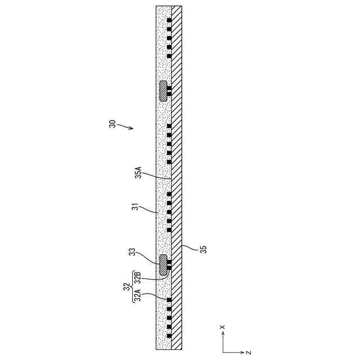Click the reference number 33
132,253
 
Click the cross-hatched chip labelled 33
163,263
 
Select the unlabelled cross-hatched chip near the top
163,91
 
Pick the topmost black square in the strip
169,21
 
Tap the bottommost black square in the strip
169,336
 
